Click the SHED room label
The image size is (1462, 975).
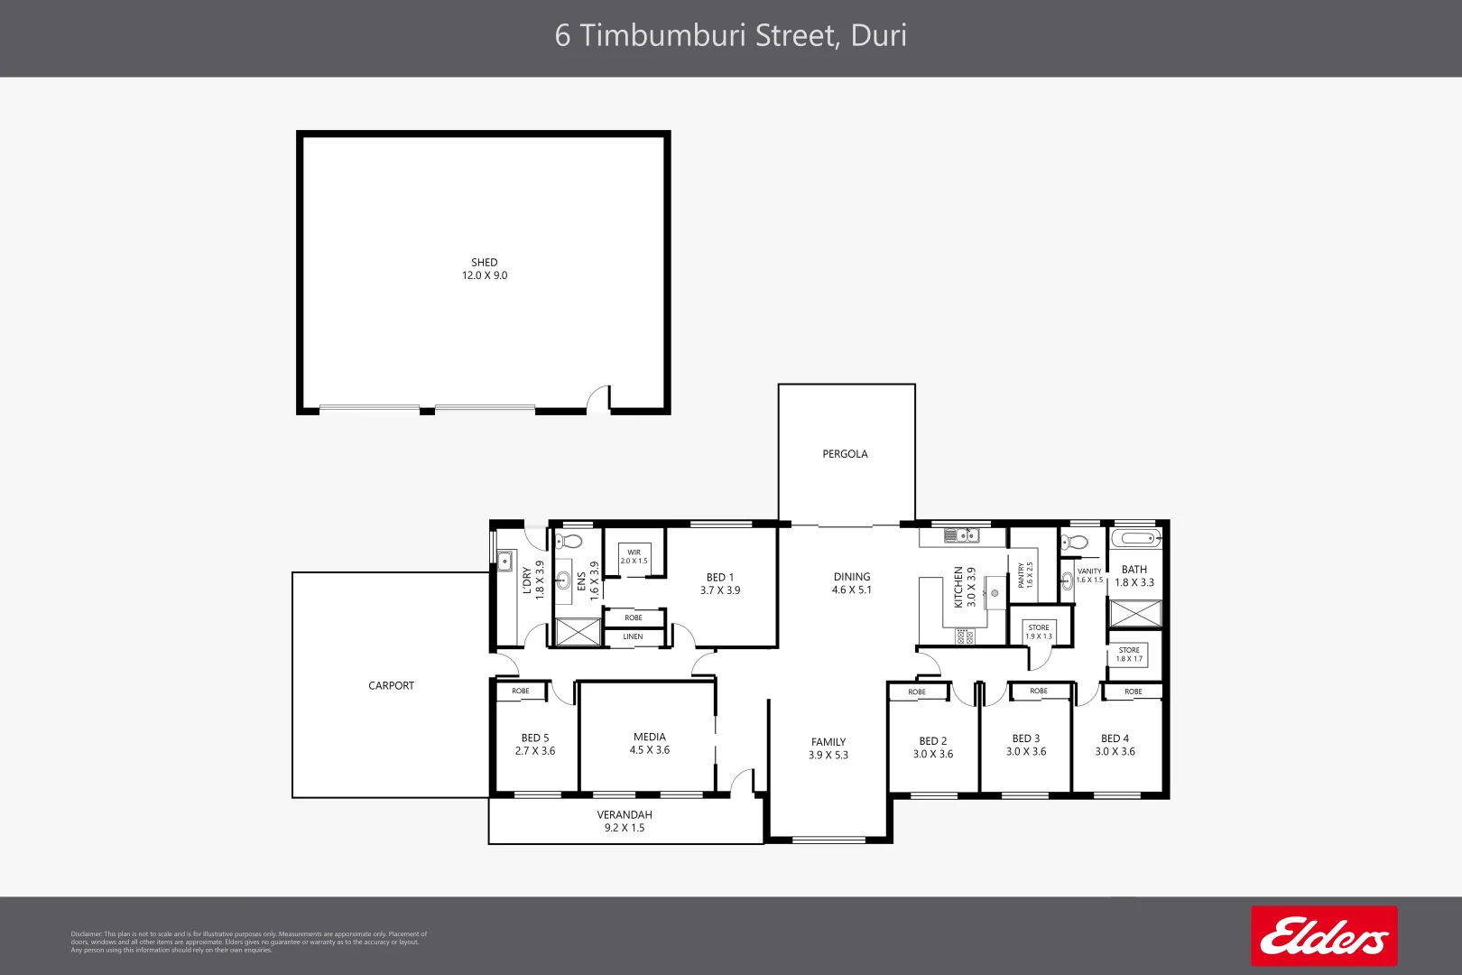(485, 263)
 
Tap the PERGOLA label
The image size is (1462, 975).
(845, 454)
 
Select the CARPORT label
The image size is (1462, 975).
(391, 686)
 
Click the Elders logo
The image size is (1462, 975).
(1324, 936)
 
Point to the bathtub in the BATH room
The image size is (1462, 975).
(1134, 539)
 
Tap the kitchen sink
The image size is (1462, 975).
(962, 536)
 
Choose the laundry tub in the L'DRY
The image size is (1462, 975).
(504, 561)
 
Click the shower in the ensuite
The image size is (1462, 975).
(578, 632)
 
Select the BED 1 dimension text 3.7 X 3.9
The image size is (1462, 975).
(720, 590)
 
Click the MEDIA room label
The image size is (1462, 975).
(650, 737)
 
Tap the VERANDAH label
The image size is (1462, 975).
(625, 814)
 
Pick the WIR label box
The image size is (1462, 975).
(634, 556)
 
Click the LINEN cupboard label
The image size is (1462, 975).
(634, 636)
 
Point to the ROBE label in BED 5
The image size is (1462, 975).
(521, 692)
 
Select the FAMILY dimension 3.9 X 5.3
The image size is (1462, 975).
(828, 756)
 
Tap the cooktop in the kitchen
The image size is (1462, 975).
(964, 636)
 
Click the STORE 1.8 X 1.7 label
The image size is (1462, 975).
(1129, 655)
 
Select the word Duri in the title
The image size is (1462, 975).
(879, 35)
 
